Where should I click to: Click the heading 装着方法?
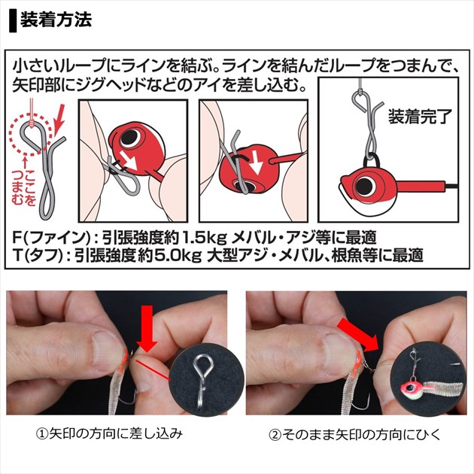(x=56, y=20)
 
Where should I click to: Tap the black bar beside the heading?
(x=13, y=20)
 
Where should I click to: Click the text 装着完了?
(x=420, y=116)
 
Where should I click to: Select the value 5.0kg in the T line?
(x=178, y=256)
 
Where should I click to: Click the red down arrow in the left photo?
(x=147, y=329)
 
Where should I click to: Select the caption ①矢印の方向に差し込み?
(x=109, y=434)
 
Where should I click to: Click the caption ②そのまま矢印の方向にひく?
(x=355, y=434)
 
